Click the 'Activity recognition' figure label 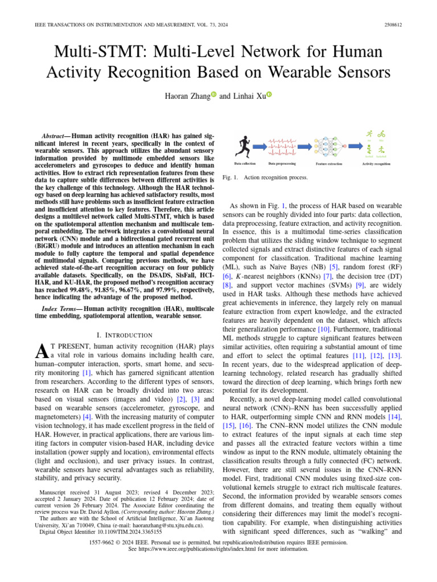[376, 164]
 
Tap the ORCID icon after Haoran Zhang [214, 95]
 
